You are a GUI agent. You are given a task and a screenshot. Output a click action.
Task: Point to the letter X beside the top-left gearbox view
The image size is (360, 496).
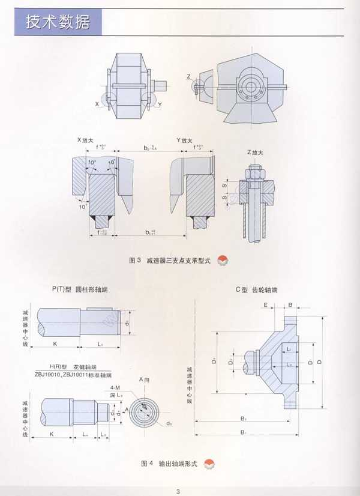click(x=97, y=103)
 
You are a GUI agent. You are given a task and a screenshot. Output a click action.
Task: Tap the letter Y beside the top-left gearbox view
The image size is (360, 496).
click(x=160, y=104)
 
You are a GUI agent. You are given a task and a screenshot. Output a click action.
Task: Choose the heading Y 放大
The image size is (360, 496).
click(x=184, y=140)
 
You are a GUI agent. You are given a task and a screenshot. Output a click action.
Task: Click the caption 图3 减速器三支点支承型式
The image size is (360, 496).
click(x=170, y=261)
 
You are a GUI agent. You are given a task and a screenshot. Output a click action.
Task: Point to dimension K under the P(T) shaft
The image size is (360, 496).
click(x=55, y=344)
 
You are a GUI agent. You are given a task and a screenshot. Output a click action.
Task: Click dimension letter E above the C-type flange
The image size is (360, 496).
click(x=265, y=305)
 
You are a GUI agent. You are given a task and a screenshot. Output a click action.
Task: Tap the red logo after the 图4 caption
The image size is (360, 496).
click(x=209, y=464)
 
